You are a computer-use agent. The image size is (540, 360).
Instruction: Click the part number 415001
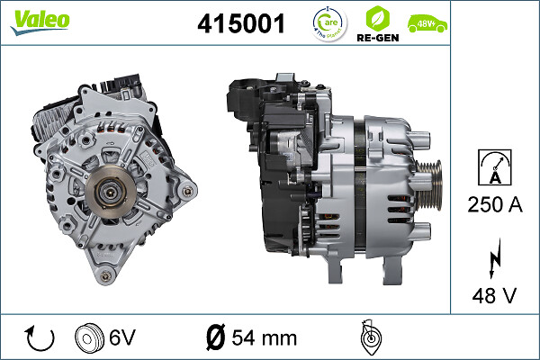coord(240,24)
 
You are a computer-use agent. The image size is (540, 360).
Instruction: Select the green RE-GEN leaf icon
coord(378,18)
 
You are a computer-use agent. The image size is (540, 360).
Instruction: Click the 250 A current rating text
coord(494,205)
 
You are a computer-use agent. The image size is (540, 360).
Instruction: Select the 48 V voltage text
coord(494,293)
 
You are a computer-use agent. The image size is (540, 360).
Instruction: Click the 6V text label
coord(122,338)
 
